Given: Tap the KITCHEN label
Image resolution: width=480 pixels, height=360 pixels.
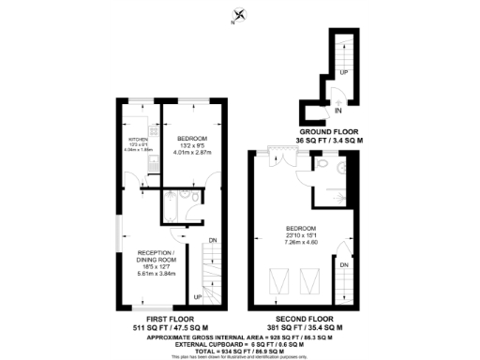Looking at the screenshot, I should pos(139,140).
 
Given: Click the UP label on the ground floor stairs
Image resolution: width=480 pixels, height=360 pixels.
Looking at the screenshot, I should pos(344,72).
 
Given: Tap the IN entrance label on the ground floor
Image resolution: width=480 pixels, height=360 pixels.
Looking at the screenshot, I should pos(337,110).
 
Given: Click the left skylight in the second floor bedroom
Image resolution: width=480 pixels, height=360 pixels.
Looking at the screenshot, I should pos(278,280).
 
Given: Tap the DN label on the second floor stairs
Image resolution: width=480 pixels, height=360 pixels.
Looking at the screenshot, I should pos(344,265).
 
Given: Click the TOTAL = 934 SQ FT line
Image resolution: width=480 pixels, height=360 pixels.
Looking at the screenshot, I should pos(241,348).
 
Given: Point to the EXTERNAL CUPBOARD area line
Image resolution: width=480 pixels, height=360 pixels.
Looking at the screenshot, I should pos(241,341).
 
